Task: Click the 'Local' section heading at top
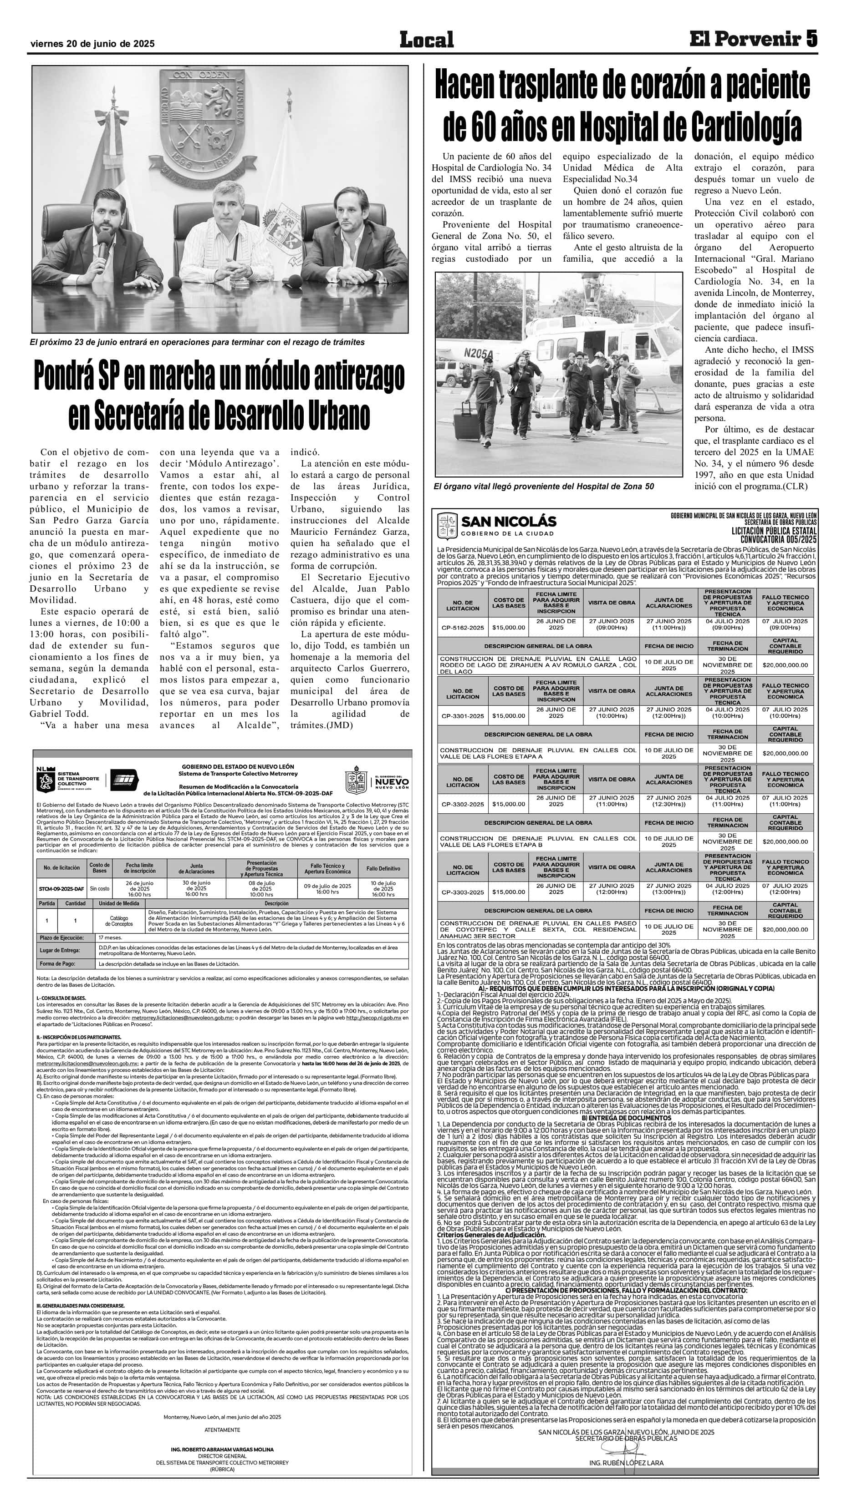(426, 40)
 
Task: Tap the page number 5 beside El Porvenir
(811, 39)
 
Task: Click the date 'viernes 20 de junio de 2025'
(92, 44)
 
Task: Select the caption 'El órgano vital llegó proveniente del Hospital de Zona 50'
(544, 486)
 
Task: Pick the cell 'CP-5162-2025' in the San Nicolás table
(462, 628)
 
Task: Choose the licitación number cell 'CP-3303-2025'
(462, 892)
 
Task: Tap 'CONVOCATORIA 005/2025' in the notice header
(778, 539)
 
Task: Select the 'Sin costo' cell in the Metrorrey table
(99, 889)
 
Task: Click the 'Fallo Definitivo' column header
(383, 869)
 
